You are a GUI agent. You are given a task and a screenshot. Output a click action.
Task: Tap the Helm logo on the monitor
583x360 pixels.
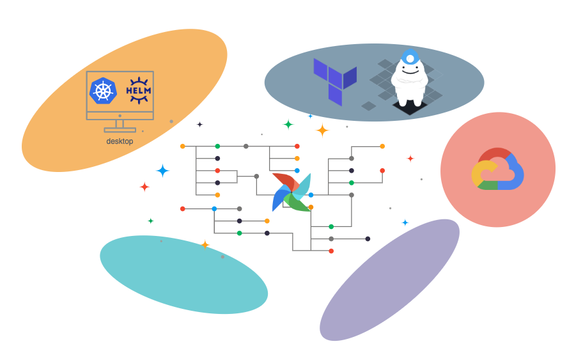tap(139, 90)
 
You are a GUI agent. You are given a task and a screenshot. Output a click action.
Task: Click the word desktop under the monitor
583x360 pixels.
tap(120, 141)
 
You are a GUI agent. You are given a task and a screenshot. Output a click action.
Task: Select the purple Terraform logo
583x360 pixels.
tap(334, 81)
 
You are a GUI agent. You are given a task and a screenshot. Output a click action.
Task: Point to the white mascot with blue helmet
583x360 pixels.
tap(409, 79)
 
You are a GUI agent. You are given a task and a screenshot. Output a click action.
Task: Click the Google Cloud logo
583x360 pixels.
tap(497, 170)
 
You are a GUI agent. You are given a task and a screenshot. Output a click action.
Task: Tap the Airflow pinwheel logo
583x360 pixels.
tap(291, 192)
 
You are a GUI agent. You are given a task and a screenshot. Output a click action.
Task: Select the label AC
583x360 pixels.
tap(272, 152)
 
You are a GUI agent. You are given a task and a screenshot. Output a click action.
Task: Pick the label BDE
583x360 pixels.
tap(331, 224)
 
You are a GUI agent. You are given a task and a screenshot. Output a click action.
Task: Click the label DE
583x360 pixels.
tap(290, 240)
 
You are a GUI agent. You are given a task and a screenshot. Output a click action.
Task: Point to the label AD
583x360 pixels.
tap(230, 208)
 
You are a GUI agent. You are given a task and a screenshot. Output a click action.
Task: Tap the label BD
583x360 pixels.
tap(354, 236)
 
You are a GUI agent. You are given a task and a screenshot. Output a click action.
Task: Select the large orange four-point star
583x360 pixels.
tap(323, 130)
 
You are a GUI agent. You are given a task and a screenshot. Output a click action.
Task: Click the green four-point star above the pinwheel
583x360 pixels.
tap(288, 124)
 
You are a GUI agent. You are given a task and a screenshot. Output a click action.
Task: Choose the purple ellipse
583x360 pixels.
tap(389, 279)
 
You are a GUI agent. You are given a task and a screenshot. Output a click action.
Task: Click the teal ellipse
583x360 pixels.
tap(183, 274)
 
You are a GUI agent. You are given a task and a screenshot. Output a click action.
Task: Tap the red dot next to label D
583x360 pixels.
tap(331, 251)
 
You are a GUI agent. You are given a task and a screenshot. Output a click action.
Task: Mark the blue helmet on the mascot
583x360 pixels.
tap(410, 56)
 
